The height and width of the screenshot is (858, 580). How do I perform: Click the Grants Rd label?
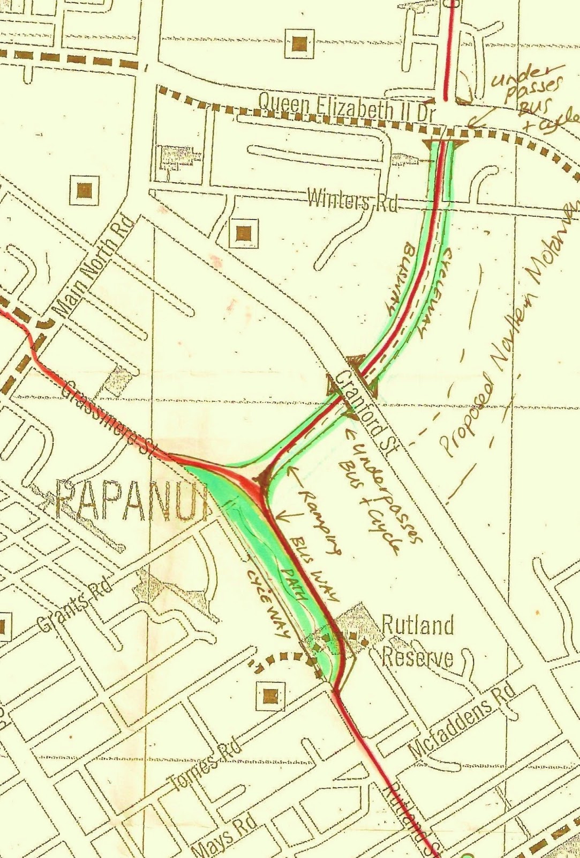pos(74,606)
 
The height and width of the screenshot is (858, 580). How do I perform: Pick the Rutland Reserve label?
pos(418,641)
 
